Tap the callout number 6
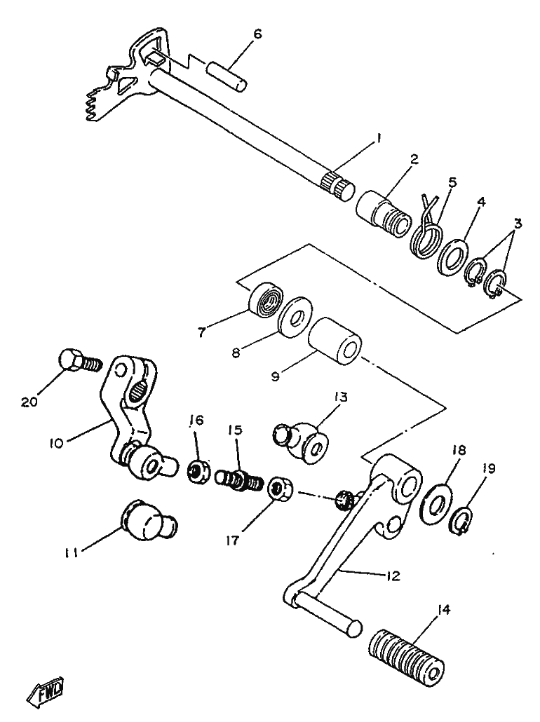point(257,33)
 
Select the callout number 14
point(443,610)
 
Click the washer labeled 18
point(436,502)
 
